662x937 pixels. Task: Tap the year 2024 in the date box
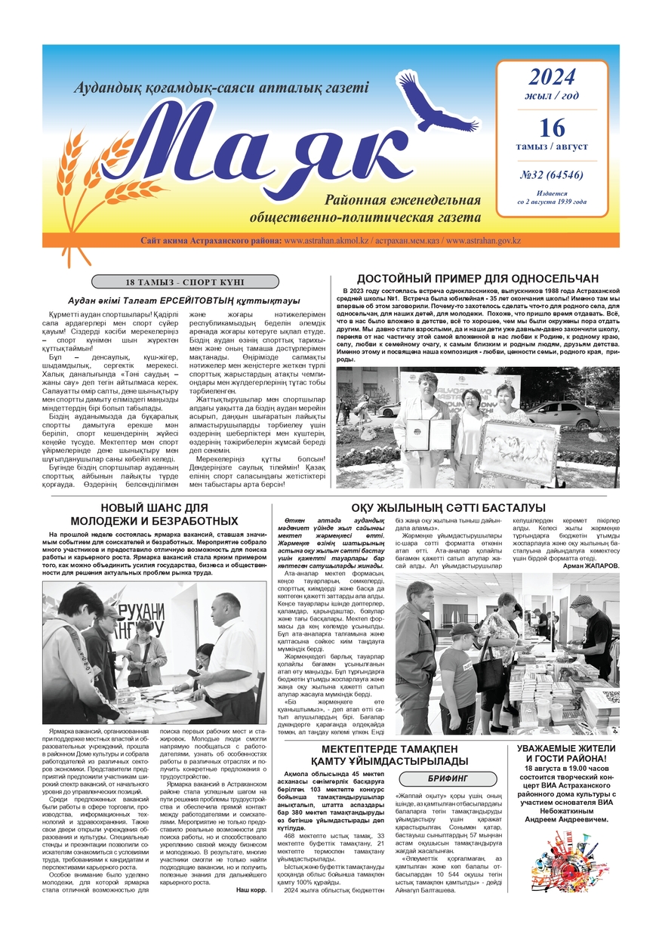[551, 78]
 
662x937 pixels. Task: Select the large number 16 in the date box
[552, 126]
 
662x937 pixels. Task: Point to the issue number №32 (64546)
[551, 175]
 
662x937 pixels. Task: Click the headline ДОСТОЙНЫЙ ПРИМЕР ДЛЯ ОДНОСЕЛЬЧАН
[477, 278]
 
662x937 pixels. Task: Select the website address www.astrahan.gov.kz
[483, 241]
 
